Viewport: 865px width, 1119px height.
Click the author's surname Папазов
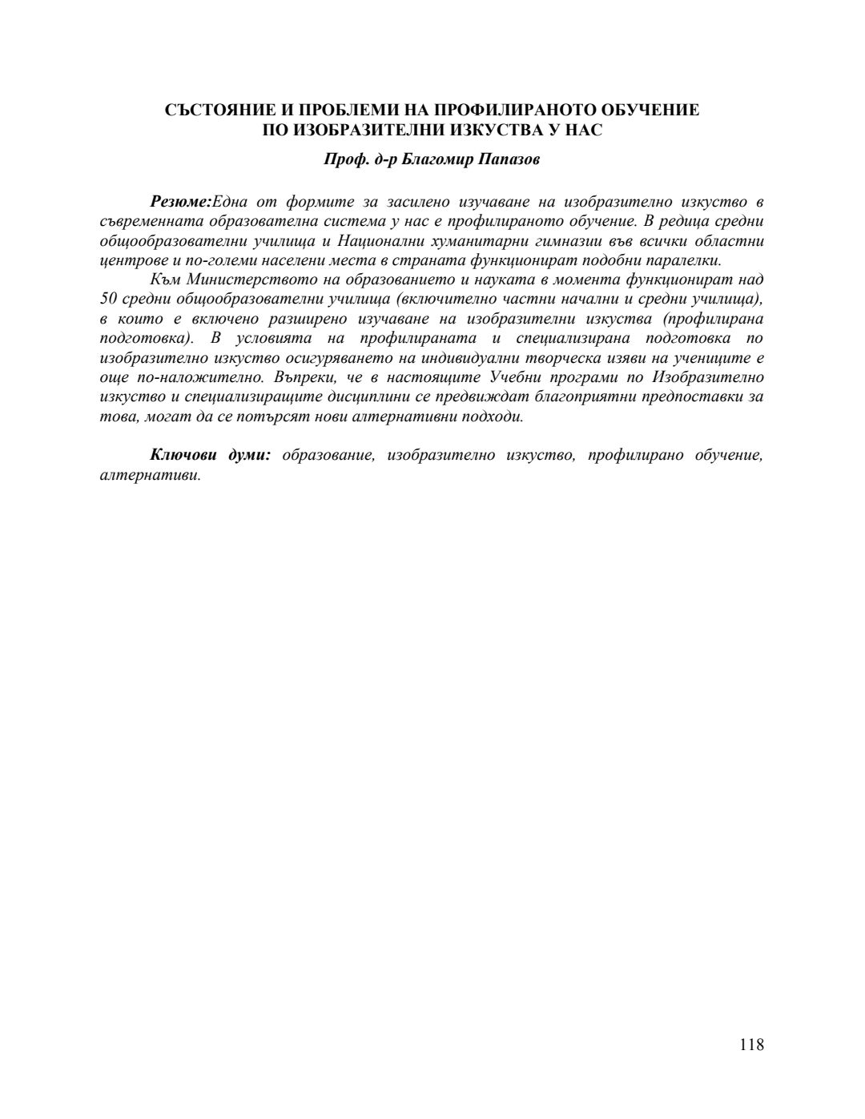509,159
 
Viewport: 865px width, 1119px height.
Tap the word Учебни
516,377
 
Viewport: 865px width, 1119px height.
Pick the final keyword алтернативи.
149,474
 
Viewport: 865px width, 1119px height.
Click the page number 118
751,1045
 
